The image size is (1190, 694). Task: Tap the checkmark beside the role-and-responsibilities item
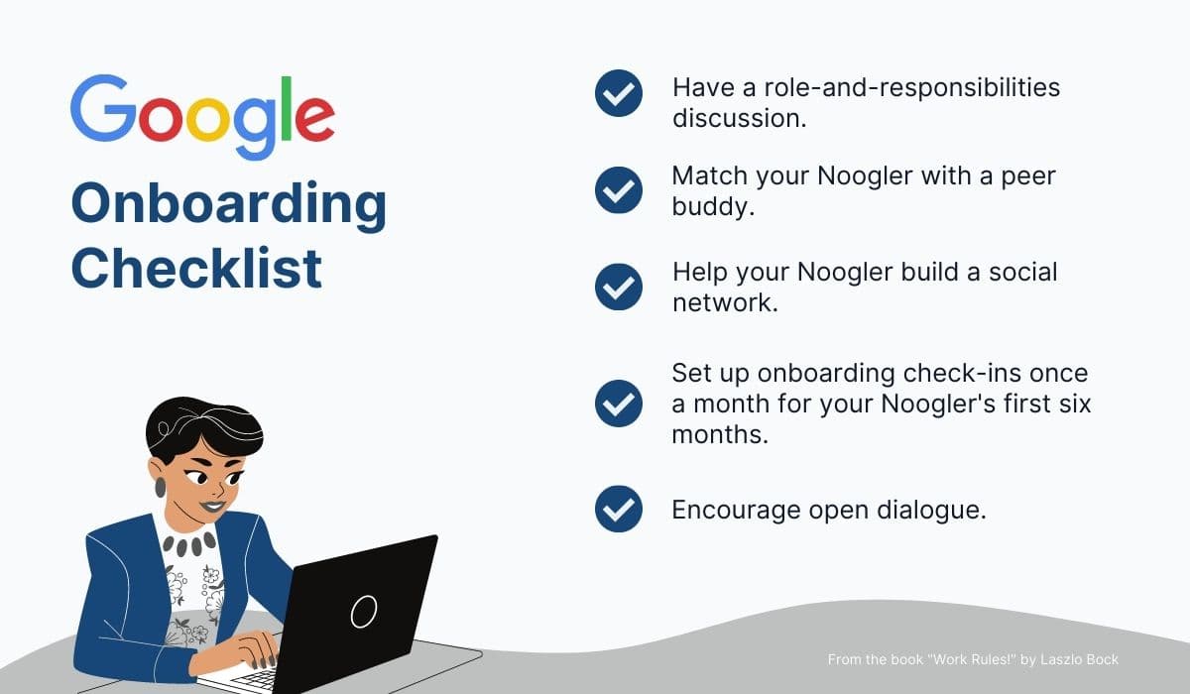[619, 94]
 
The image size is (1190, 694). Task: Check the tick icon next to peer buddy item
[619, 189]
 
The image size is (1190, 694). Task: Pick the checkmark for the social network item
[619, 286]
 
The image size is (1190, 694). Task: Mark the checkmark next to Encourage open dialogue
[619, 509]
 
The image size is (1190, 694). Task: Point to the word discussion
[738, 118]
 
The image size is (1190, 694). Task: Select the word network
[724, 302]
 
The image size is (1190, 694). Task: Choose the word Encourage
[735, 510]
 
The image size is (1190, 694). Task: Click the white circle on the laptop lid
[364, 611]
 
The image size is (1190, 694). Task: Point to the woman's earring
[160, 488]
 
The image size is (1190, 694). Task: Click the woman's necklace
[187, 543]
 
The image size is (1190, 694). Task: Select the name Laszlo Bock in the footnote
[1080, 659]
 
